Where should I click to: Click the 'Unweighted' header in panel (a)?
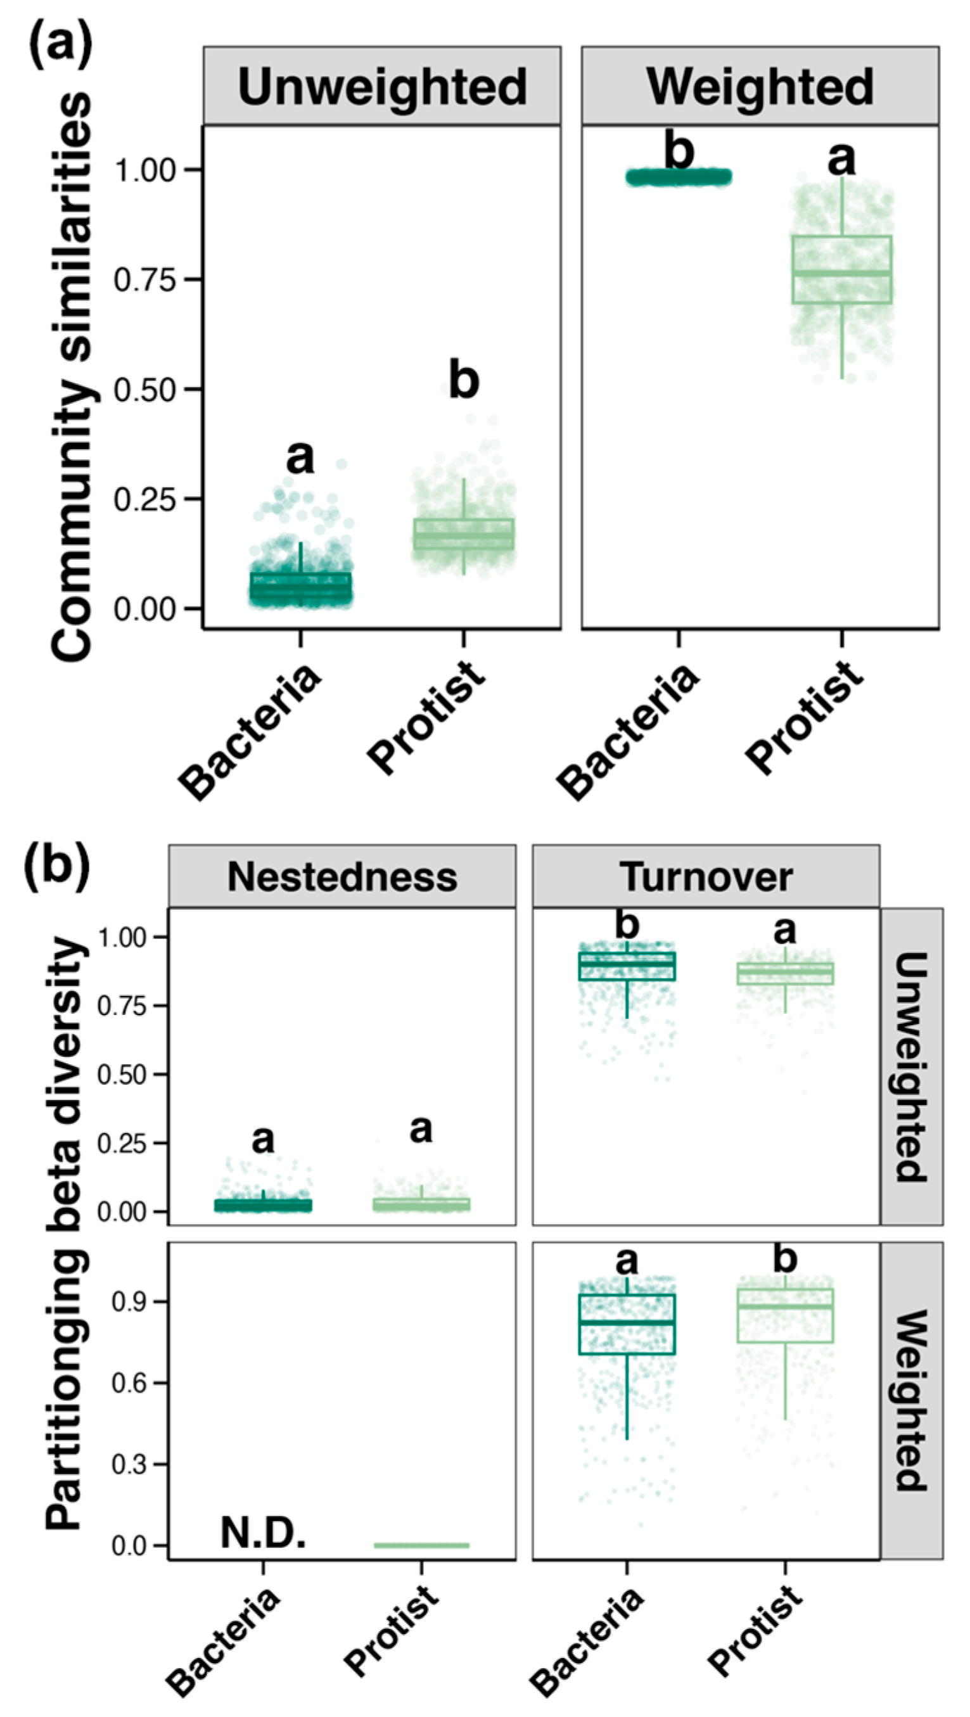(381, 87)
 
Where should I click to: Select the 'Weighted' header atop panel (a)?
(760, 87)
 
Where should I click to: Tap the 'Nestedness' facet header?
(342, 876)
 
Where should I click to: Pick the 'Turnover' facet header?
(706, 876)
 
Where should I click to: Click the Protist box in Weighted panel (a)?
(842, 269)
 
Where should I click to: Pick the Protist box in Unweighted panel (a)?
(463, 534)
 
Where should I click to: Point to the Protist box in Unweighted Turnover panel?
(784, 973)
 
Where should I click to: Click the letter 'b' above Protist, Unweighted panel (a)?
(463, 381)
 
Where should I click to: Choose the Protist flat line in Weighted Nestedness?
(421, 1545)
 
